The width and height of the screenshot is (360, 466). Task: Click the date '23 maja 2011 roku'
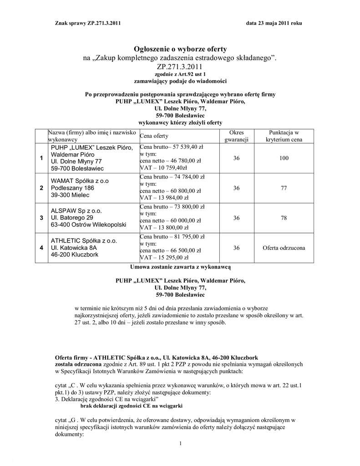(280, 23)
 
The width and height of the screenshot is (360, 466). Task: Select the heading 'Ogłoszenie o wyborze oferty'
(180, 49)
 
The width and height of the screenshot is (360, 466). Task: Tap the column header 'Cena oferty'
(154, 136)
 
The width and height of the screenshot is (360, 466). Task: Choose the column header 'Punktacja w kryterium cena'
(284, 136)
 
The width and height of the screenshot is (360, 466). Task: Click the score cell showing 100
(284, 158)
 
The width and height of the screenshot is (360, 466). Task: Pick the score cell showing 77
(284, 188)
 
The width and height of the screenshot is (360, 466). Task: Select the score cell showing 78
(284, 218)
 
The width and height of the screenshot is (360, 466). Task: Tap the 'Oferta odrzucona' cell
(284, 248)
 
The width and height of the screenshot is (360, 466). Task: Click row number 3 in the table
(41, 218)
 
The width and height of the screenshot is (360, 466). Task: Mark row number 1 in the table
(41, 158)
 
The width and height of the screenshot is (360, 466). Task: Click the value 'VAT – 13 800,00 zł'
(165, 228)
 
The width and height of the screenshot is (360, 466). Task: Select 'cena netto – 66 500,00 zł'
(170, 250)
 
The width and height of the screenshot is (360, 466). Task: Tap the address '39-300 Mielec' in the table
(70, 195)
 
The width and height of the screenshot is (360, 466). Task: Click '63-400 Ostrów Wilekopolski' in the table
(88, 225)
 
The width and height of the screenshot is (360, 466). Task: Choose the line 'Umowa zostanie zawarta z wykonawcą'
(181, 267)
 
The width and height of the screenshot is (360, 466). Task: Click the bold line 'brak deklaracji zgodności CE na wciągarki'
(132, 405)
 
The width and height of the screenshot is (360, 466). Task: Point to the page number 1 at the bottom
(181, 444)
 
